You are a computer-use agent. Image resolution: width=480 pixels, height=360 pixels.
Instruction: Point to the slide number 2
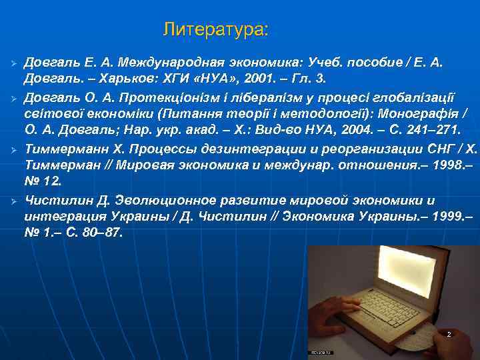pyautogui.click(x=449, y=333)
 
